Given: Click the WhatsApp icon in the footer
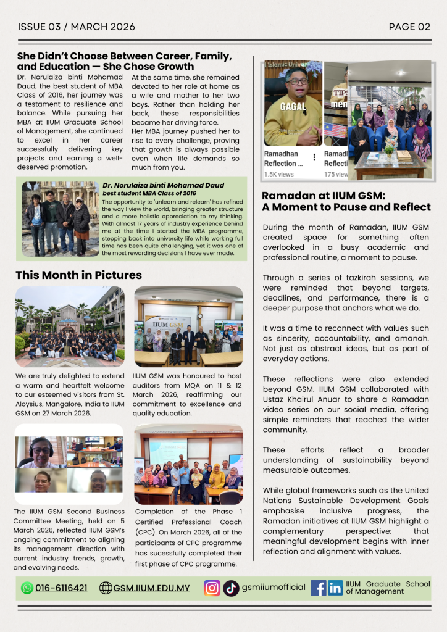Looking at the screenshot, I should [x=27, y=588].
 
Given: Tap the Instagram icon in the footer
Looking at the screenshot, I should [x=212, y=588].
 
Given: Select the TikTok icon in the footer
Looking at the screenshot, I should [x=231, y=588].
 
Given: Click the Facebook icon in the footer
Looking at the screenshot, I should [x=318, y=588].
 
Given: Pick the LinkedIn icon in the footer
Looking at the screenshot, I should [x=335, y=588].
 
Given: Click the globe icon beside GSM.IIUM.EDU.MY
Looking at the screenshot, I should [x=106, y=588].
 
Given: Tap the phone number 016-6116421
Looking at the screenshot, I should [x=61, y=588].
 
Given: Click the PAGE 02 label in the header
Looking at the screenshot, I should [x=409, y=27].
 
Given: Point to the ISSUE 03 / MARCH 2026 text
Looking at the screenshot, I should [x=77, y=27].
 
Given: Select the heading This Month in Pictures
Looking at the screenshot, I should [x=78, y=275].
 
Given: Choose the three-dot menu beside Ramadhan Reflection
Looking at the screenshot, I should [x=315, y=157].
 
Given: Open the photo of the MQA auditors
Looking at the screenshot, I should [x=188, y=326].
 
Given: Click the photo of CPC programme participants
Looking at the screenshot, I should [x=188, y=464].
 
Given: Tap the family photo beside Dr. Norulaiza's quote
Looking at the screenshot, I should [x=61, y=218].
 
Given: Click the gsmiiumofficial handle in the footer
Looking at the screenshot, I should [x=274, y=588].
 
